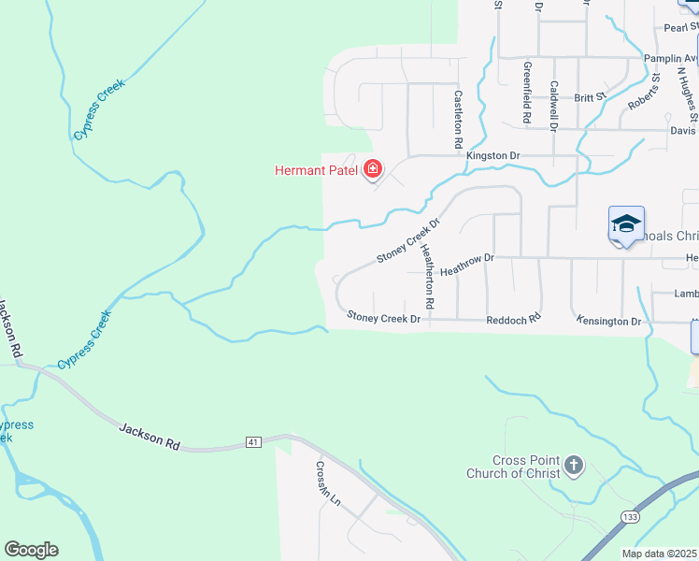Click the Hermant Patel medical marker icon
click(373, 169)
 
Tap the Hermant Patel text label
click(318, 170)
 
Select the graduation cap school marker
click(626, 224)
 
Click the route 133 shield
click(628, 515)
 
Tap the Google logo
click(31, 550)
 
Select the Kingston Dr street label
click(492, 155)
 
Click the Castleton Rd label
click(458, 120)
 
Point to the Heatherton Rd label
click(428, 277)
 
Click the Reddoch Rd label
click(513, 320)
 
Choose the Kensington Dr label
click(609, 321)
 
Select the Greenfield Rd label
click(527, 93)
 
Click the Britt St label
click(591, 96)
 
